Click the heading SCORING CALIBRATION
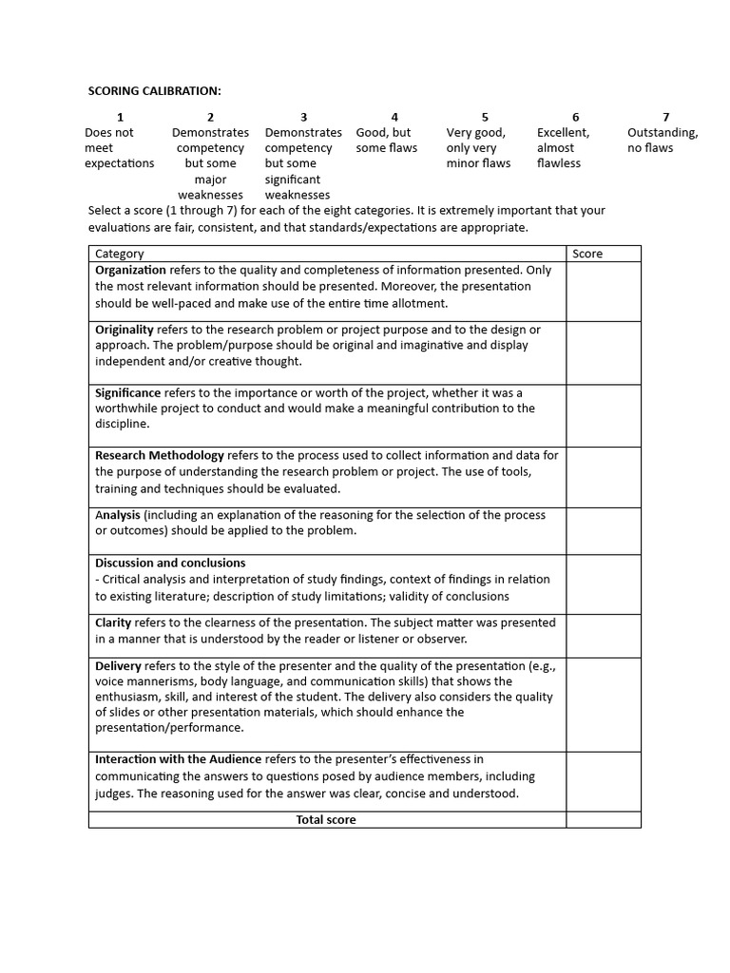[154, 90]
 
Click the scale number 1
[120, 117]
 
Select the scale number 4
[394, 117]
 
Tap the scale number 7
[665, 117]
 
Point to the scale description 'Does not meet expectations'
[119, 148]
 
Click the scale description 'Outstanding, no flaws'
[663, 141]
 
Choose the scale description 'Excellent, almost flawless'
[563, 148]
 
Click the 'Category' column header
[120, 254]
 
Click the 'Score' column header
[587, 254]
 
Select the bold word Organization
[131, 270]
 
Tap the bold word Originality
[124, 330]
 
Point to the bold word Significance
[127, 392]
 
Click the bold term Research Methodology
[160, 455]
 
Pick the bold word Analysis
[118, 515]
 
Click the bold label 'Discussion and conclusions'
[170, 563]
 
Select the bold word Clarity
[113, 622]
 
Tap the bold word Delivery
[117, 666]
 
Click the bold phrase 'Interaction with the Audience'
[178, 759]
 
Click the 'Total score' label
[326, 819]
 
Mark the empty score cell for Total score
[603, 819]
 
